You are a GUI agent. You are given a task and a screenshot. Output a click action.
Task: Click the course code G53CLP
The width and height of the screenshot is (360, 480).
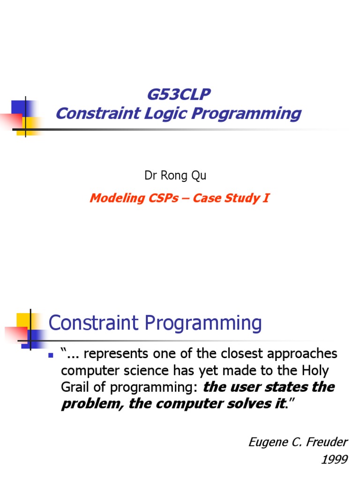point(178,95)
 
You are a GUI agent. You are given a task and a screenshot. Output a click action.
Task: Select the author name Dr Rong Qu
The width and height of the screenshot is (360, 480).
point(175,176)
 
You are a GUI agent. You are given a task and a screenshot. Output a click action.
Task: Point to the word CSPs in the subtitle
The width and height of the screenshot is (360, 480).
point(164,198)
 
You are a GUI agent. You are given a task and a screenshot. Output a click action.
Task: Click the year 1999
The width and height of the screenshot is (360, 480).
point(334,459)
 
